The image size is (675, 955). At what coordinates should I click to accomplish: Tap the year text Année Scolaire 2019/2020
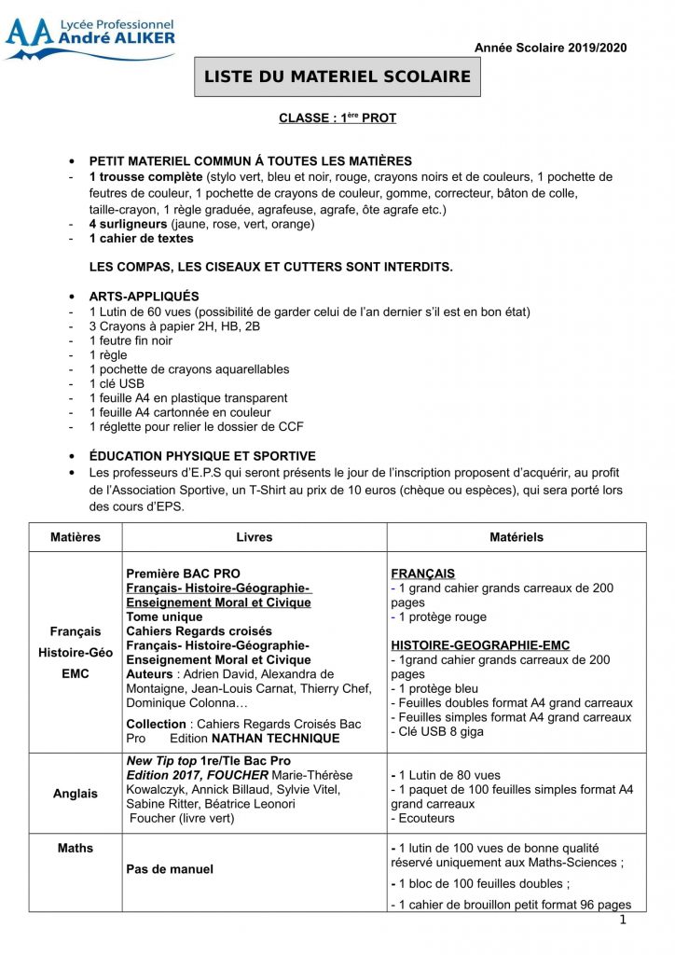pyautogui.click(x=551, y=48)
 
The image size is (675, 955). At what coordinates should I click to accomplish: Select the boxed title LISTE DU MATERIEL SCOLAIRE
pyautogui.click(x=337, y=76)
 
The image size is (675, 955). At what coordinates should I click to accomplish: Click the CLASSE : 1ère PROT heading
pyautogui.click(x=337, y=118)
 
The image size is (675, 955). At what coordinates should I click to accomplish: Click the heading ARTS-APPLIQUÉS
pyautogui.click(x=144, y=297)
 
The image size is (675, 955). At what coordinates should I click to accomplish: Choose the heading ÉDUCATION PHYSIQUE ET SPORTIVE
pyautogui.click(x=202, y=456)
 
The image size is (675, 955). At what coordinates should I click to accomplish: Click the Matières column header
pyautogui.click(x=76, y=537)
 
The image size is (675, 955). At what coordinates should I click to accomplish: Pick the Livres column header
pyautogui.click(x=255, y=537)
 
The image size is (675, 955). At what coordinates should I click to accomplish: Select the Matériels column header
pyautogui.click(x=517, y=537)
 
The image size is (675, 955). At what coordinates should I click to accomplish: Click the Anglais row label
pyautogui.click(x=76, y=794)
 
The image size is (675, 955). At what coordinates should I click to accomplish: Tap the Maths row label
pyautogui.click(x=76, y=848)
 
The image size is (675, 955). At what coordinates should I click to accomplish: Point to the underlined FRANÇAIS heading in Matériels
pyautogui.click(x=423, y=574)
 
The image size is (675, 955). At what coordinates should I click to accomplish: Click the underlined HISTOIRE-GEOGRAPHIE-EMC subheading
pyautogui.click(x=480, y=645)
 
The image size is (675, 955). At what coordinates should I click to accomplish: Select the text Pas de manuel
pyautogui.click(x=170, y=869)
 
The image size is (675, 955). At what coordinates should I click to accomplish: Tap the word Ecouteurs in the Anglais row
pyautogui.click(x=426, y=818)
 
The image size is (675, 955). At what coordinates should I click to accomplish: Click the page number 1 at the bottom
pyautogui.click(x=622, y=920)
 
